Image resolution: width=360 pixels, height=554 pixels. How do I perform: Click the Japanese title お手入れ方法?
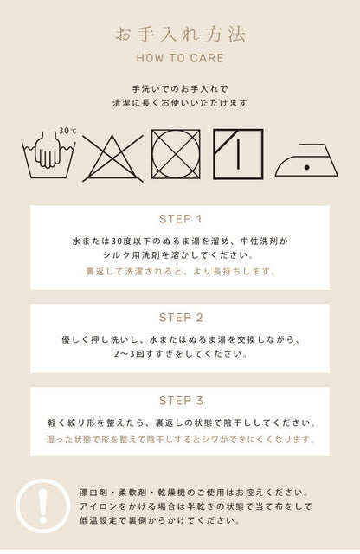[x=180, y=35]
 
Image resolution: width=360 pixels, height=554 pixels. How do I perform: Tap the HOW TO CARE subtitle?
[x=180, y=58]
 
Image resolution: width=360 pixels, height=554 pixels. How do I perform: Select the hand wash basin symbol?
[x=48, y=156]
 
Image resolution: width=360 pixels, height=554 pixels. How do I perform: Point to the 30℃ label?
[x=67, y=131]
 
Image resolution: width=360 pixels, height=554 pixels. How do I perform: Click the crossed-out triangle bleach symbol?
[x=112, y=158]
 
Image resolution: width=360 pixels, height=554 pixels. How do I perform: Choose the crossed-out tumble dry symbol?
[x=176, y=154]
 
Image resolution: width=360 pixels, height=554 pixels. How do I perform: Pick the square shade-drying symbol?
[x=238, y=154]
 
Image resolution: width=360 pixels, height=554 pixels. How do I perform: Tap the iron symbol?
[x=306, y=160]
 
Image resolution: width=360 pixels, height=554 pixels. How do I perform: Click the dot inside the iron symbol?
[x=307, y=167]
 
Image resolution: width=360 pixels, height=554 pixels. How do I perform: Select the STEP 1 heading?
[x=180, y=219]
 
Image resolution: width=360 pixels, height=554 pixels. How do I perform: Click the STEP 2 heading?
[x=181, y=318]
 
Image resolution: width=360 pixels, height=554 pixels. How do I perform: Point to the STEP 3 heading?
[x=181, y=401]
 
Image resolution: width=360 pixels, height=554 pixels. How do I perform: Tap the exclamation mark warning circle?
[x=42, y=506]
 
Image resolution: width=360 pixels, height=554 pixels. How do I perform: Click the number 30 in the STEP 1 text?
[x=116, y=242]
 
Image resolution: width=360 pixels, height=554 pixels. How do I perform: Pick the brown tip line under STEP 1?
[x=181, y=272]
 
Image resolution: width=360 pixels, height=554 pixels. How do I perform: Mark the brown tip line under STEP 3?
[x=181, y=440]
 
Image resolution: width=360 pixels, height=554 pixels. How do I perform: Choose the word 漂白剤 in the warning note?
[x=93, y=493]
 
